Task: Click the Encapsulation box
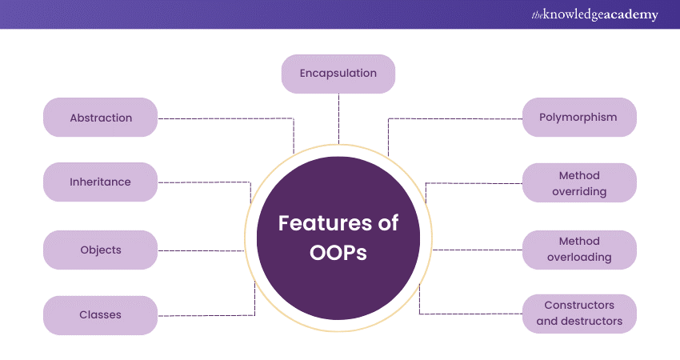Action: pyautogui.click(x=338, y=74)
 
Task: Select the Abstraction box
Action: pyautogui.click(x=101, y=118)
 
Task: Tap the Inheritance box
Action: pyautogui.click(x=101, y=182)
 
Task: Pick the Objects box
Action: pyautogui.click(x=101, y=250)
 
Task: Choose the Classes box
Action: pyautogui.click(x=101, y=315)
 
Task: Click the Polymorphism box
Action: pyautogui.click(x=579, y=118)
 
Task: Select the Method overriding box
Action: pyautogui.click(x=579, y=183)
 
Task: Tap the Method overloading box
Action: pyautogui.click(x=579, y=250)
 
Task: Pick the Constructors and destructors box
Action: pyautogui.click(x=579, y=314)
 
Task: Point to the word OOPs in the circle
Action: pyautogui.click(x=338, y=253)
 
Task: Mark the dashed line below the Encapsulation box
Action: pyautogui.click(x=338, y=116)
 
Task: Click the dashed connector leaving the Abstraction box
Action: pyautogui.click(x=224, y=118)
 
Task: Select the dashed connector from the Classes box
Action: pyautogui.click(x=208, y=314)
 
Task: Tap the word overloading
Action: pyautogui.click(x=579, y=258)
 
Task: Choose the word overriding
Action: pyautogui.click(x=579, y=192)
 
